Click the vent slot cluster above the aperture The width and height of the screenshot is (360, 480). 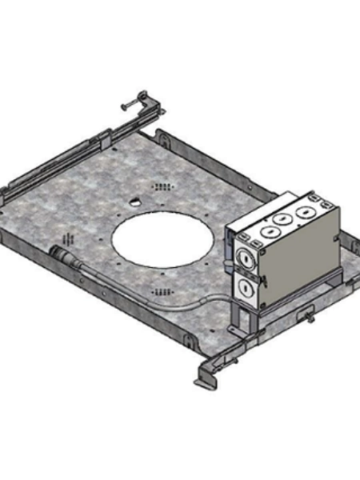tap(163, 186)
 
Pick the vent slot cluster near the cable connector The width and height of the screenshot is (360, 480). tap(70, 239)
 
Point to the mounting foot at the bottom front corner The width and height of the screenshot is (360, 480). tap(206, 377)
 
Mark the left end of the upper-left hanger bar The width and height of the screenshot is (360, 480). tap(6, 192)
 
